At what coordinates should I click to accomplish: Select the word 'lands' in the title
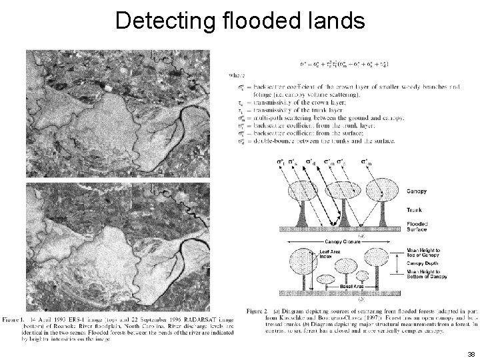click(339, 21)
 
